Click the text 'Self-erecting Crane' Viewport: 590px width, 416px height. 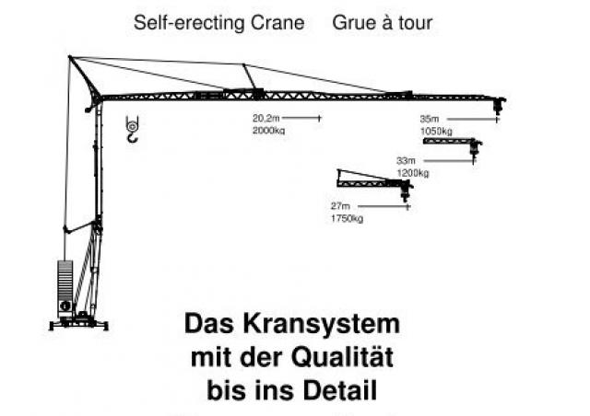click(219, 23)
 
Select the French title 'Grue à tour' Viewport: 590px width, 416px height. click(383, 23)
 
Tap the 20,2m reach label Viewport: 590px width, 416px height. click(266, 119)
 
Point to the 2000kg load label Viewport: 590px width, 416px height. click(268, 131)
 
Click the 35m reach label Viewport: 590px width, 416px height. click(430, 119)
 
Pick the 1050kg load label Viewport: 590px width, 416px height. click(436, 132)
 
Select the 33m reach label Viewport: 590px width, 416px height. click(406, 161)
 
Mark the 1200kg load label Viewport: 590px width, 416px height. click(413, 173)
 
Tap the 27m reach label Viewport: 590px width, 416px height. click(340, 206)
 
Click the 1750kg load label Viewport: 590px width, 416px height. click(347, 218)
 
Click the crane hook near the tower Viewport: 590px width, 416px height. click(132, 129)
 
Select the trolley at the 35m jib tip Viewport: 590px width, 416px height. click(499, 105)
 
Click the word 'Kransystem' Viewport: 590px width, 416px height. click(322, 324)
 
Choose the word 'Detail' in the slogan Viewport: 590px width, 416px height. click(340, 390)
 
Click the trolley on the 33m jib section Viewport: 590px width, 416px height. click(476, 147)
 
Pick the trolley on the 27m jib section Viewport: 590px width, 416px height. click(406, 191)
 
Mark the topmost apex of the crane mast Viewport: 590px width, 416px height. click(70, 57)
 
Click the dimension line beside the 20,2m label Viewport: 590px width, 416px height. click(301, 118)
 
